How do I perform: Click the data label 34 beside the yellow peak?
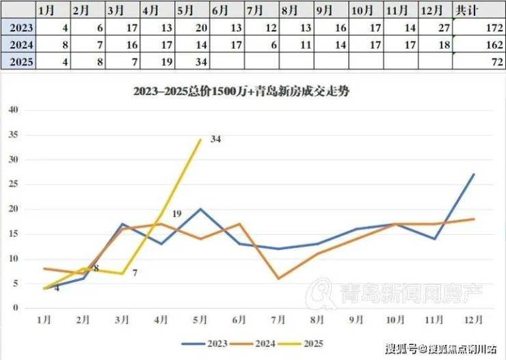click(215, 139)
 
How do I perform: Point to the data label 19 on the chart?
click(176, 214)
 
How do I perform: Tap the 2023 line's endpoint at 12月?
click(474, 174)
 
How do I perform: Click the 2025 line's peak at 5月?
click(200, 139)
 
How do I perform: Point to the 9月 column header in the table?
click(331, 12)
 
